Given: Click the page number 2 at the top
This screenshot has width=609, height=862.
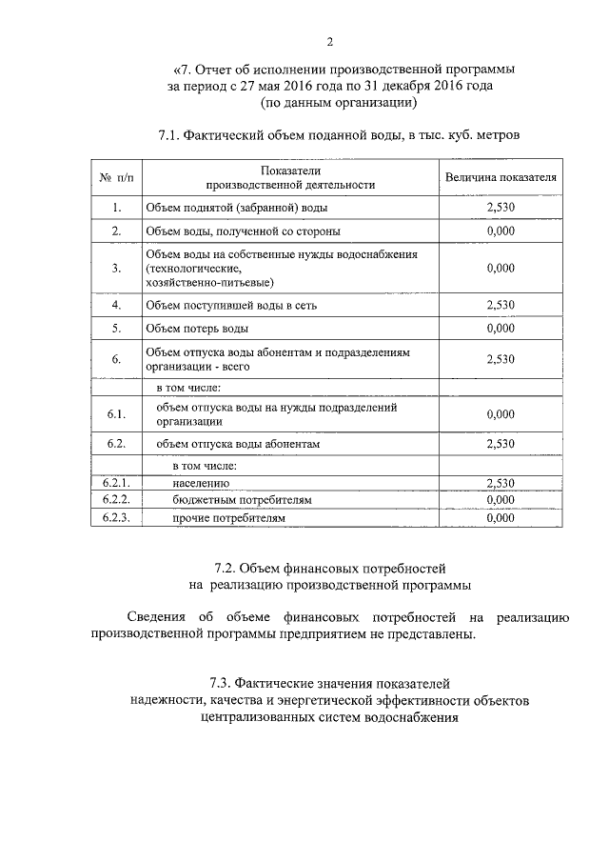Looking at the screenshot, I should point(330,41).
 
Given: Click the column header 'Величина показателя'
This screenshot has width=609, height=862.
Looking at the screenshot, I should point(500,177).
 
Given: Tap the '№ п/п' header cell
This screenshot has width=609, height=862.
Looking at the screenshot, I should point(116,177).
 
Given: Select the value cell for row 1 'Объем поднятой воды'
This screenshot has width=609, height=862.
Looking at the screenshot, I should point(500,207).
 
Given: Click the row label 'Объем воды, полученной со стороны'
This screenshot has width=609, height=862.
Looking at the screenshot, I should point(242,231).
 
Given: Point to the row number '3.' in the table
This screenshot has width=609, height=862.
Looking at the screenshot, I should point(116,269).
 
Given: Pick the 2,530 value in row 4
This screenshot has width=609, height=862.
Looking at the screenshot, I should point(500,306).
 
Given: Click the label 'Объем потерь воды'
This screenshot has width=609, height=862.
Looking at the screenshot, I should point(197,330).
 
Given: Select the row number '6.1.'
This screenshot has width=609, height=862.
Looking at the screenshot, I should point(116,414).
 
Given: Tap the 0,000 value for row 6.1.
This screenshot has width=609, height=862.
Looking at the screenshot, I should point(500,414).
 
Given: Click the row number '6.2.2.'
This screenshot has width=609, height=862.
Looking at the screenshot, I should point(116,500).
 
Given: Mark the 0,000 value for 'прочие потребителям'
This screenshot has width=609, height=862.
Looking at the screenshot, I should point(500,519).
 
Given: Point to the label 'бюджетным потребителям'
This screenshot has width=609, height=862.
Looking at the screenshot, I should point(243,501).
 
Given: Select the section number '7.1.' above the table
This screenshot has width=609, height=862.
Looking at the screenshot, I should point(173,136).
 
